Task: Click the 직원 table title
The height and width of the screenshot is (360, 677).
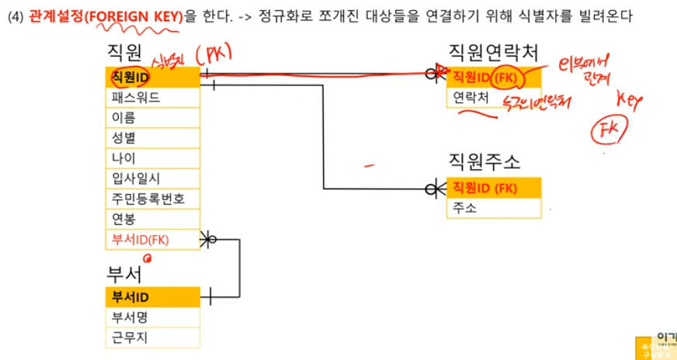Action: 124,53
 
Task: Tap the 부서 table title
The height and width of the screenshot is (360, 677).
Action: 124,275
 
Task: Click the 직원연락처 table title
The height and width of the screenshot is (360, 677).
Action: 493,53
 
